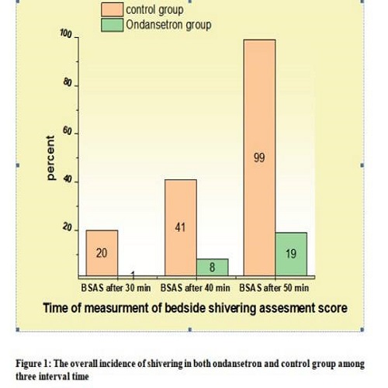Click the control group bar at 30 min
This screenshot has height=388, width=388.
coord(101,253)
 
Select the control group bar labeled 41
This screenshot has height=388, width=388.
coord(179,227)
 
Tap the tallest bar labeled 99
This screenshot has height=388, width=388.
coord(259,158)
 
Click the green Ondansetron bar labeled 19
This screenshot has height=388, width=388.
coord(291,254)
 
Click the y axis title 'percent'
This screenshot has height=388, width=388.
coord(50,158)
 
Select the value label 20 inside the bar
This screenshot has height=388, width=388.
coord(101,253)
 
